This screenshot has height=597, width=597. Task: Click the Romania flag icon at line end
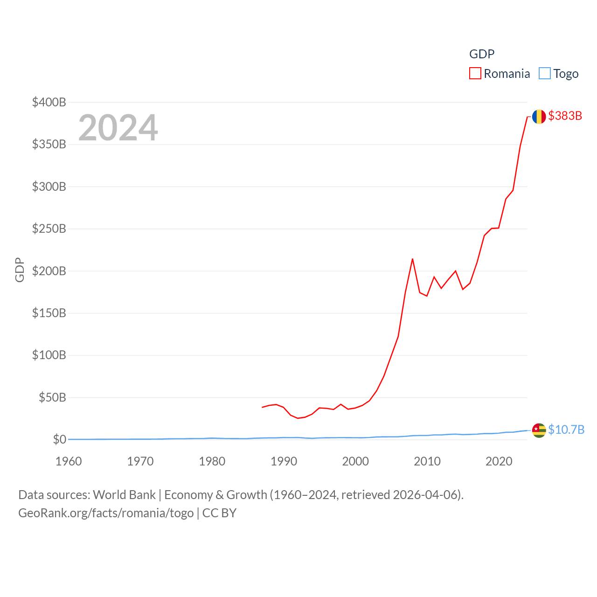tap(539, 117)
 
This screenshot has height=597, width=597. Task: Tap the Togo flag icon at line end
tap(539, 430)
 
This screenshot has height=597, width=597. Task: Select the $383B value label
tap(565, 116)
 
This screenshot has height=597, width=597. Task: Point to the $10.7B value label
tap(566, 430)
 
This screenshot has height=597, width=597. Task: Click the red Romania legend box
tap(475, 74)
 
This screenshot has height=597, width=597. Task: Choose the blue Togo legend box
tap(544, 74)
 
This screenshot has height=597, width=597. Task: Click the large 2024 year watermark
tap(118, 127)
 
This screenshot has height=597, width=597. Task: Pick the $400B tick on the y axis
tap(49, 102)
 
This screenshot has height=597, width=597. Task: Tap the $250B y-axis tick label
tap(49, 229)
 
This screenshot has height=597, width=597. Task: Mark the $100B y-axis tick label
tap(49, 355)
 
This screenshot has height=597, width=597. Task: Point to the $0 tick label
tap(59, 439)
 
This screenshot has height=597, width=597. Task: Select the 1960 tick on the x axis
tap(69, 461)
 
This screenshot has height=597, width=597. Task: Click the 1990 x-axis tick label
tap(284, 461)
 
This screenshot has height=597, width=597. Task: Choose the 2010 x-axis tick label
tap(427, 461)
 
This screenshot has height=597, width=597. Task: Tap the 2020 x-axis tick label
tap(499, 461)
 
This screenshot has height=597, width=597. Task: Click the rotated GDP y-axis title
tap(20, 270)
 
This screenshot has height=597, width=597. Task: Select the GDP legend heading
tap(482, 54)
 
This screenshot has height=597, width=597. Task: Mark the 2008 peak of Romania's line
tap(412, 259)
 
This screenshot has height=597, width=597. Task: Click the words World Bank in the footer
tap(125, 495)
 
